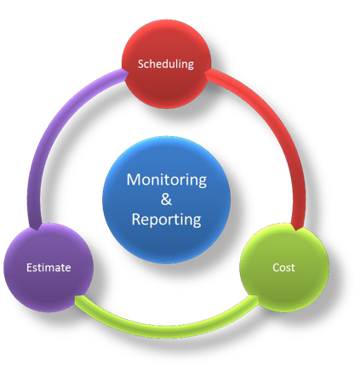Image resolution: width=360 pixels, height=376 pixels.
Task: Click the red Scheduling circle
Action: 167,64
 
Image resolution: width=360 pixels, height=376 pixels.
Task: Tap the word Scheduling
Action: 166,65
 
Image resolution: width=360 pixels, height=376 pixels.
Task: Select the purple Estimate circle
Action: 49,267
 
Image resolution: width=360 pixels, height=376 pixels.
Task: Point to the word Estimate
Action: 49,267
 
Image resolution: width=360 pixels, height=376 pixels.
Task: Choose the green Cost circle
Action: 284,267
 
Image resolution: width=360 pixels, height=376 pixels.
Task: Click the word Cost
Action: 283,267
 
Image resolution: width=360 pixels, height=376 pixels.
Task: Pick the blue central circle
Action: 166,200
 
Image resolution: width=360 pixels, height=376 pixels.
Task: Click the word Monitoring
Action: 167,180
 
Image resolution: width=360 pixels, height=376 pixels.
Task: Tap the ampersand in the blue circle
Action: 166,199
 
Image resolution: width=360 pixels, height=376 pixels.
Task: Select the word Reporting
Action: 167,220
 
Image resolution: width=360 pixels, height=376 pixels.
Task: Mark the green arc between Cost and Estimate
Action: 167,327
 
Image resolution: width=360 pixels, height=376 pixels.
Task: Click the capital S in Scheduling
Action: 141,65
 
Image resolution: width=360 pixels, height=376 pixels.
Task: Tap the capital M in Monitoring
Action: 134,179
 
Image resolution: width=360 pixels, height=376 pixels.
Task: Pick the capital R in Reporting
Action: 136,219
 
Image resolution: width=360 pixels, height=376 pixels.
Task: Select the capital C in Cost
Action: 277,267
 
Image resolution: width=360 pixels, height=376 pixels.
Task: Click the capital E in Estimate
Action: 30,267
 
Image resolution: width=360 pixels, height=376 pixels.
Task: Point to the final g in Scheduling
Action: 191,66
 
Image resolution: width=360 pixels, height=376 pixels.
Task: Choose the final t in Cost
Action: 293,268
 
